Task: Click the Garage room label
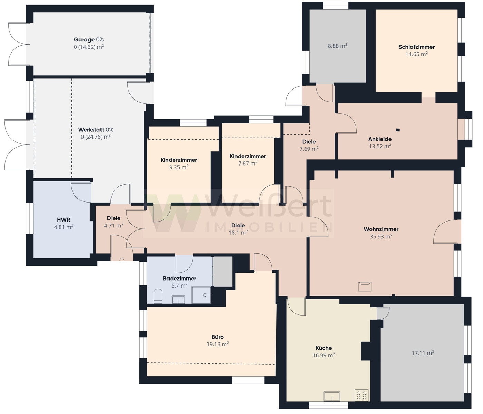84,39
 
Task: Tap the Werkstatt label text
91,129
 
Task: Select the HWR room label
64,220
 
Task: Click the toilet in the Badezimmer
158,296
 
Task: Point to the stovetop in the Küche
361,395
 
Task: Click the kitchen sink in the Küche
332,396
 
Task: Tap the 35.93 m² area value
381,236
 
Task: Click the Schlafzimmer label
417,47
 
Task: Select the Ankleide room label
380,139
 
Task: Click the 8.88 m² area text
337,46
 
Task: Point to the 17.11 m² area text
423,353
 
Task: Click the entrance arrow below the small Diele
122,260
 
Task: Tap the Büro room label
218,337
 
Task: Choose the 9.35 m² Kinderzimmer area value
179,167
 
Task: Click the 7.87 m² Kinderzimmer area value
248,163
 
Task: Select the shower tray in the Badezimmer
201,295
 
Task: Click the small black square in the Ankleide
398,130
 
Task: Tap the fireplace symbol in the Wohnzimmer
365,286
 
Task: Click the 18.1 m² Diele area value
238,233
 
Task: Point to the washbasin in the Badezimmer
178,299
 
